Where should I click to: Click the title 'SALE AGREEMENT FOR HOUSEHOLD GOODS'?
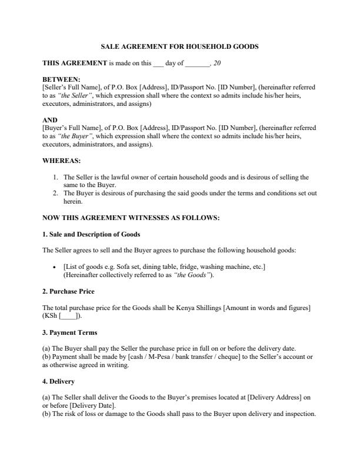[x=180, y=46]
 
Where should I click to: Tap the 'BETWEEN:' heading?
[x=62, y=79]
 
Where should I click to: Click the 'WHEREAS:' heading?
[x=62, y=160]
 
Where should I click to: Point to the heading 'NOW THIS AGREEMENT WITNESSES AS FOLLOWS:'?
[x=131, y=218]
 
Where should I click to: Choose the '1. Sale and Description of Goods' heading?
[x=91, y=234]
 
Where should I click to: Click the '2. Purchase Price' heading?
[x=68, y=291]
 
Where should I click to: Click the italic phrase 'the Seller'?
[x=71, y=95]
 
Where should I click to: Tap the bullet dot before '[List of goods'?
[x=54, y=267]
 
